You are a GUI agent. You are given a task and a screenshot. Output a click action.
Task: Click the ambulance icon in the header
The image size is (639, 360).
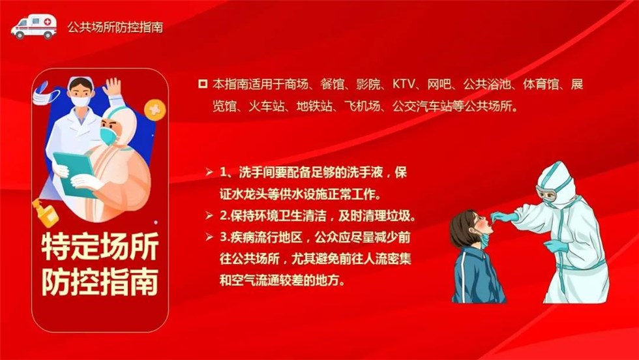coord(34,27)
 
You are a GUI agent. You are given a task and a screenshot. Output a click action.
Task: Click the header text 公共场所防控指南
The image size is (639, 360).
coord(115,27)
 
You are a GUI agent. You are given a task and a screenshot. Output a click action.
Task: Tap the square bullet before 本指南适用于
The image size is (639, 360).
coord(203,84)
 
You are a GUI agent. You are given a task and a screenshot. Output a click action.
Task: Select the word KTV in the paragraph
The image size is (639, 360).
coord(404,84)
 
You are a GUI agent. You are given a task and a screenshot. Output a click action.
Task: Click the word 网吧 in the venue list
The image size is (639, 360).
coord(439,84)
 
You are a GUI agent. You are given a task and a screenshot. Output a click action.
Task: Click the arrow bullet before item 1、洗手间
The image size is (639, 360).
coord(209,172)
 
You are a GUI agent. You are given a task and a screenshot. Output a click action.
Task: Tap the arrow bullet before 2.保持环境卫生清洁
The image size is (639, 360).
coord(209,215)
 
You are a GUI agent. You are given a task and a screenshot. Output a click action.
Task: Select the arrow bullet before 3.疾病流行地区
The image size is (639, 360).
coord(209,237)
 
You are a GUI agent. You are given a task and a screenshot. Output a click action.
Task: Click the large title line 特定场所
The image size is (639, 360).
coord(100,247)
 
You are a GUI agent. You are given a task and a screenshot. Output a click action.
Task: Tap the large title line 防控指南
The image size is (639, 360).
coord(100,281)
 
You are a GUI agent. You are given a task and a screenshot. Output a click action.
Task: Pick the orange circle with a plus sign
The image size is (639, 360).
coord(155,110)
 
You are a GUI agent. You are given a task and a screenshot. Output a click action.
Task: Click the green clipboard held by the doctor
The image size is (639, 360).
coord(76,173)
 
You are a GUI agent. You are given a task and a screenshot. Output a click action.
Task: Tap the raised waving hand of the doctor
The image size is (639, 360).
coord(111,87)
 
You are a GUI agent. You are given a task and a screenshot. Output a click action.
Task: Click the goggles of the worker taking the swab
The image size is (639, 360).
coord(546,195)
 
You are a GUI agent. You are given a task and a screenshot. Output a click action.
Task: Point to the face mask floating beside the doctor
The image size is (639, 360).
coord(45,94)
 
